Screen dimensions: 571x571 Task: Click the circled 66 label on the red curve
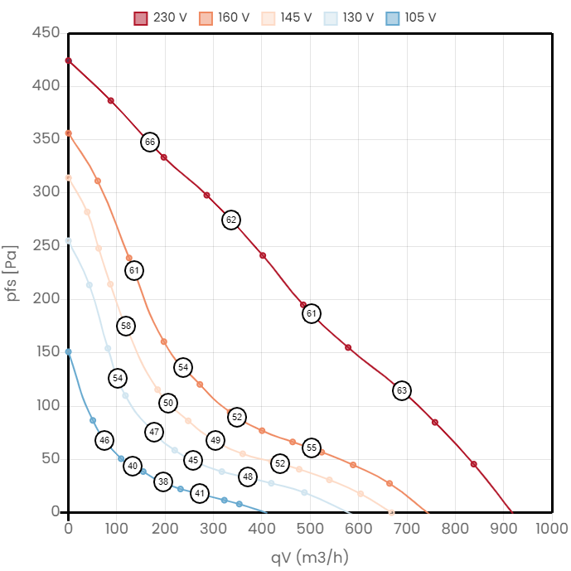click(x=149, y=142)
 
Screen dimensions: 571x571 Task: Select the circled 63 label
click(x=402, y=390)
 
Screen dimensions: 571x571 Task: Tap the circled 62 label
click(x=231, y=220)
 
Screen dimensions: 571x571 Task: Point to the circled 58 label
click(x=125, y=326)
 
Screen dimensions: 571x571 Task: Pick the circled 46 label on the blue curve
click(x=104, y=440)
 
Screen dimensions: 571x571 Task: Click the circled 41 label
click(x=199, y=493)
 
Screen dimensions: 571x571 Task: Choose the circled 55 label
click(x=312, y=448)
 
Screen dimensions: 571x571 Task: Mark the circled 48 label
click(x=248, y=477)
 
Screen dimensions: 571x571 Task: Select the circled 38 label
click(x=163, y=481)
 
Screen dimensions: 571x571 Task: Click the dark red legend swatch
click(x=141, y=18)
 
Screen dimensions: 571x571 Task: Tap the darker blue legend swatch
click(x=393, y=18)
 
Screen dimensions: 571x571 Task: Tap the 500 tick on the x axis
click(x=407, y=528)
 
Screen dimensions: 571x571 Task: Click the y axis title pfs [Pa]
click(x=12, y=273)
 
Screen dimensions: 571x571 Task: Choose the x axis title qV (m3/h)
click(x=310, y=556)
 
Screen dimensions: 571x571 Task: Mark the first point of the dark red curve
click(x=68, y=60)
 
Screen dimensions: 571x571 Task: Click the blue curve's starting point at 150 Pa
click(x=68, y=351)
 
